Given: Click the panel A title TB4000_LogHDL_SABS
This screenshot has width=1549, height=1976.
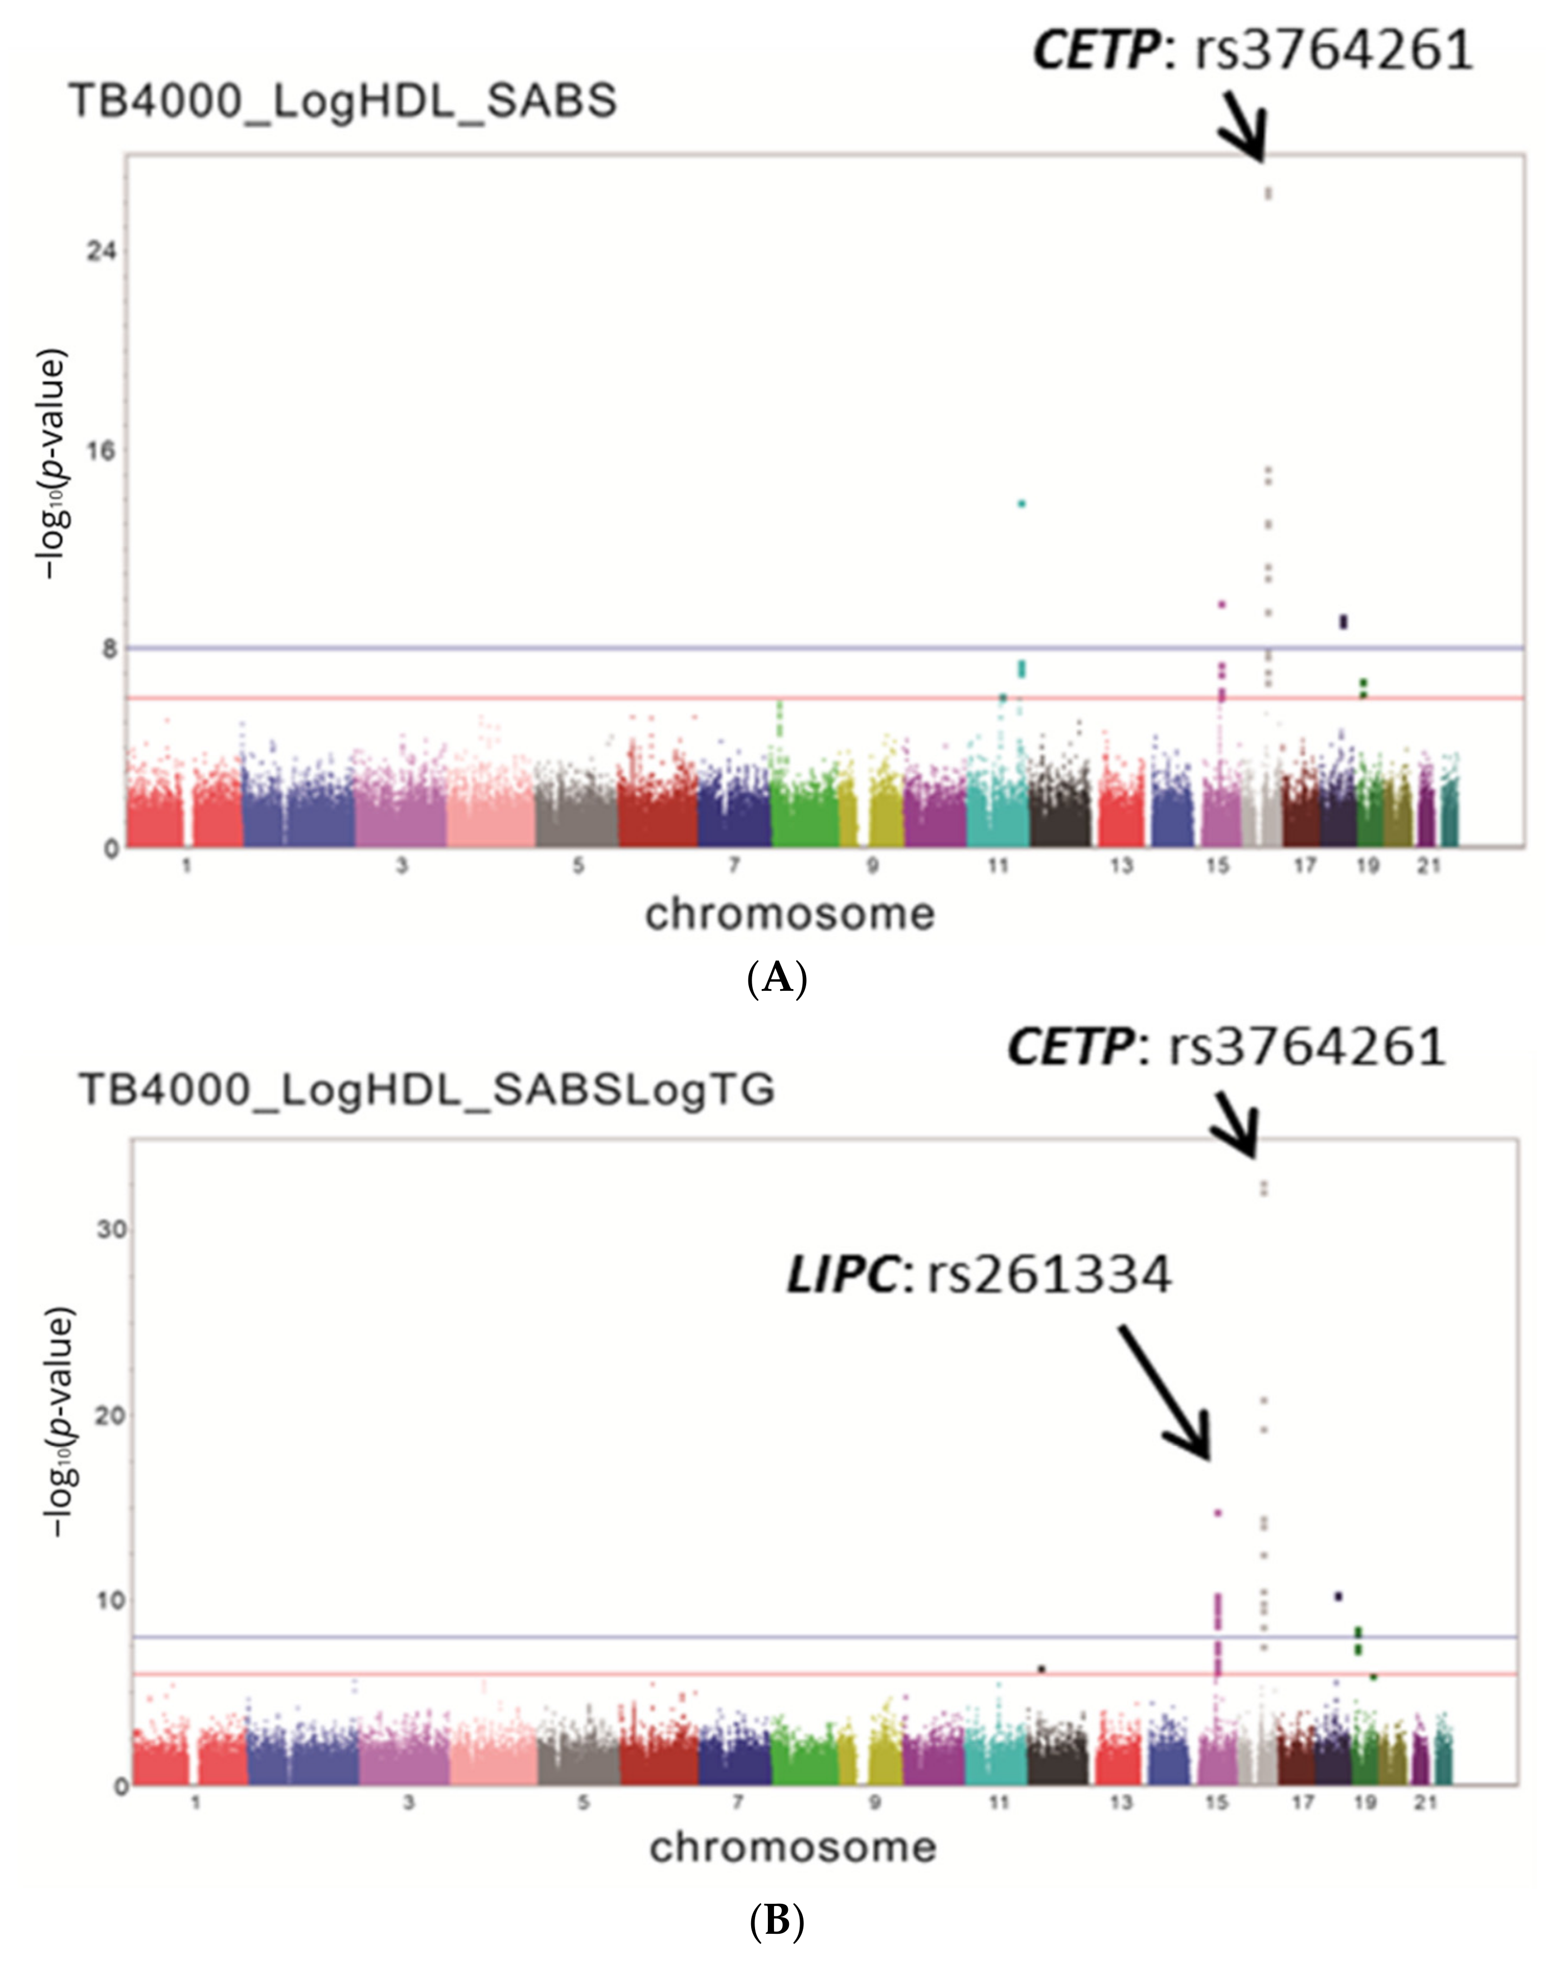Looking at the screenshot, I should (x=343, y=101).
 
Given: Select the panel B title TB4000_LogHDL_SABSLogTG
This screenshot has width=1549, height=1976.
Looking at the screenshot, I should (x=426, y=1089).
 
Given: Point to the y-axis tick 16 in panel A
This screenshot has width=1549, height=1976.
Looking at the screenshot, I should (x=102, y=451).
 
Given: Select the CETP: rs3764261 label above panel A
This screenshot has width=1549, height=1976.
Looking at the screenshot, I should (x=1252, y=50).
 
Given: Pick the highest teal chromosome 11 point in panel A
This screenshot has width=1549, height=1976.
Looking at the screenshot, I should (x=1022, y=503).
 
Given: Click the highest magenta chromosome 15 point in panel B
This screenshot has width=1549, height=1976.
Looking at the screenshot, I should (x=1218, y=1513).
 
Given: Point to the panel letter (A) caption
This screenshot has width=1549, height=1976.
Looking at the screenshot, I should (x=776, y=979).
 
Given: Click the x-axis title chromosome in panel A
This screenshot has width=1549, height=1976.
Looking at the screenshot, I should (x=789, y=914).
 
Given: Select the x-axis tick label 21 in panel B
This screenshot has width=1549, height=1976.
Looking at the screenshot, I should (x=1426, y=1803).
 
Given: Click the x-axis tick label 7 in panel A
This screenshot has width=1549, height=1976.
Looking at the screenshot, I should (x=734, y=866).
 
